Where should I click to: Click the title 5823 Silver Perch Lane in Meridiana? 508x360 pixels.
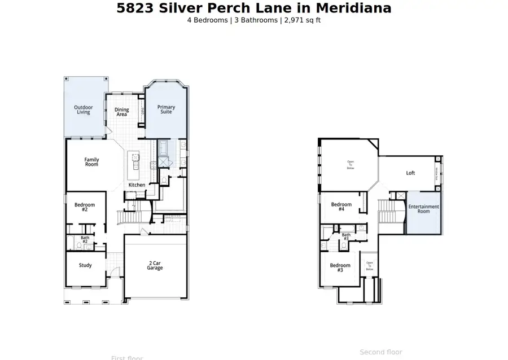pyautogui.click(x=253, y=8)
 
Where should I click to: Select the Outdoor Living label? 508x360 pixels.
pyautogui.click(x=84, y=109)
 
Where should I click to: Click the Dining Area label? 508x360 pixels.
pyautogui.click(x=121, y=112)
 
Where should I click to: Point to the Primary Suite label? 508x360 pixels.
pyautogui.click(x=166, y=109)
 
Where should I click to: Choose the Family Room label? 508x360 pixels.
pyautogui.click(x=91, y=162)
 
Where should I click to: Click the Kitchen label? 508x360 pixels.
pyautogui.click(x=137, y=185)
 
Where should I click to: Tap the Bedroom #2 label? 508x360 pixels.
pyautogui.click(x=85, y=207)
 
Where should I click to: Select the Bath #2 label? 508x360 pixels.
pyautogui.click(x=85, y=240)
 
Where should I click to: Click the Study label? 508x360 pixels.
pyautogui.click(x=85, y=265)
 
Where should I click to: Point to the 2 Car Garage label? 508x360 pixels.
pyautogui.click(x=155, y=265)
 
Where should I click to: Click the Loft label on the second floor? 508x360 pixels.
pyautogui.click(x=410, y=173)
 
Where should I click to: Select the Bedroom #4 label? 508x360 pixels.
pyautogui.click(x=341, y=207)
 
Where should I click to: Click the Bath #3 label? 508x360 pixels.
pyautogui.click(x=346, y=237)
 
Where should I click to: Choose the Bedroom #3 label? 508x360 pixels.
pyautogui.click(x=340, y=267)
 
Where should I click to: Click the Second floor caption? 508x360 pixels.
pyautogui.click(x=381, y=352)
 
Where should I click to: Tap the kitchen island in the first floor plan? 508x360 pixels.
pyautogui.click(x=135, y=163)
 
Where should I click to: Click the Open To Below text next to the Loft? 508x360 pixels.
pyautogui.click(x=350, y=165)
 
